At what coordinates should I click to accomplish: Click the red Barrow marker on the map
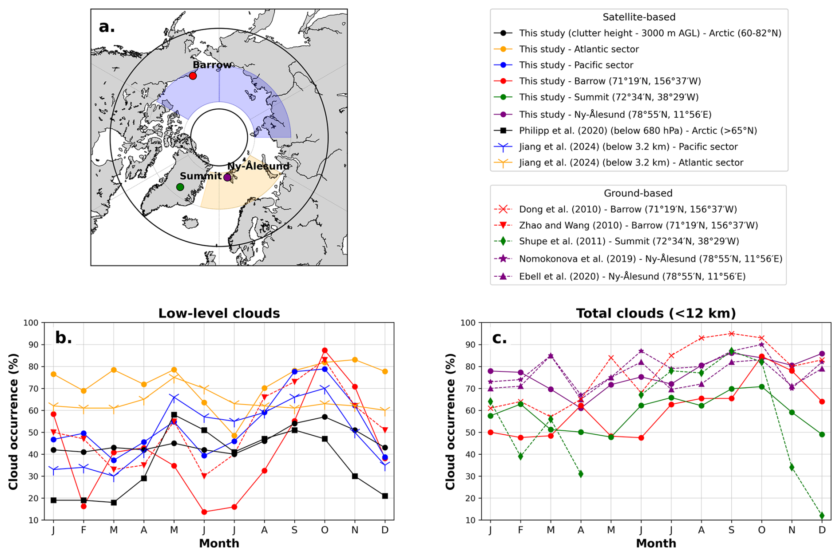[x=193, y=76]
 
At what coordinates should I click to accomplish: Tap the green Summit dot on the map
[x=180, y=187]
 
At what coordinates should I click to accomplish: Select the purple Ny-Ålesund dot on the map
[x=227, y=178]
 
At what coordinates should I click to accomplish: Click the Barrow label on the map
[x=212, y=65]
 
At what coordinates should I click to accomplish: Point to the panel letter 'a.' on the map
[x=107, y=27]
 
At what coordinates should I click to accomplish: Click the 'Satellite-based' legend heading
[x=639, y=17]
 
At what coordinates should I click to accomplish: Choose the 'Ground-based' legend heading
[x=638, y=193]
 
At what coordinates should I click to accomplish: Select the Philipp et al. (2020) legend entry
[x=638, y=131]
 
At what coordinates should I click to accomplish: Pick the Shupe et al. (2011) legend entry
[x=629, y=241]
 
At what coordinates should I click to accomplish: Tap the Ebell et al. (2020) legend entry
[x=632, y=276]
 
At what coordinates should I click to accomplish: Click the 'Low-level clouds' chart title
[x=219, y=314]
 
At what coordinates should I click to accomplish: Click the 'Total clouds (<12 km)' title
[x=656, y=314]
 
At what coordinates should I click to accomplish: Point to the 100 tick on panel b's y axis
[x=31, y=323]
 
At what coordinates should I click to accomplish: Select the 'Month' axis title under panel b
[x=219, y=543]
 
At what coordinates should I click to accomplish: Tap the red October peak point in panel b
[x=325, y=350]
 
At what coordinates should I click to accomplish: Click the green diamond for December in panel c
[x=822, y=516]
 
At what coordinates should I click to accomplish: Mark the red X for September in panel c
[x=731, y=334]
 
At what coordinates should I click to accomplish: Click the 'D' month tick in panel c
[x=822, y=530]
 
